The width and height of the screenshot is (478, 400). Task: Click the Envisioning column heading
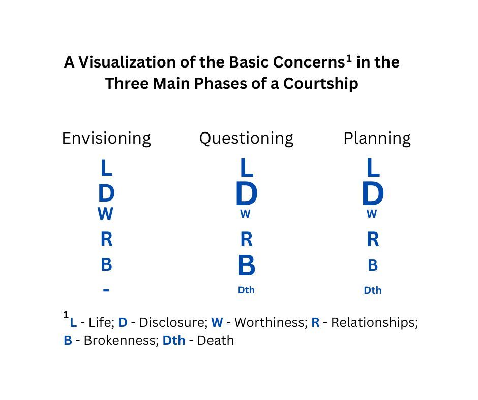(x=106, y=138)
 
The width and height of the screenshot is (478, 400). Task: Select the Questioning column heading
(x=246, y=138)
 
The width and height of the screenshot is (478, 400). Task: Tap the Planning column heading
(x=377, y=138)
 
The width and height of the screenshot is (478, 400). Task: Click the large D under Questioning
(x=247, y=194)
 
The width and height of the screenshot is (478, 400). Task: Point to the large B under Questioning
(x=247, y=265)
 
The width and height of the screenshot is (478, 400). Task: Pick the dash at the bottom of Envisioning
(x=106, y=290)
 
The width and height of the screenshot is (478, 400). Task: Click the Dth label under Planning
(x=373, y=291)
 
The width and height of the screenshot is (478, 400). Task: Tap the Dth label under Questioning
(x=246, y=290)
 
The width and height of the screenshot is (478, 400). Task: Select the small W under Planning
(x=372, y=214)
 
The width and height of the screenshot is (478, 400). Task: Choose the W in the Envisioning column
(x=105, y=214)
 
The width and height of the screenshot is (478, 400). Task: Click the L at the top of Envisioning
(x=106, y=168)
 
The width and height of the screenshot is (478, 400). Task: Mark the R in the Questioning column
(x=246, y=239)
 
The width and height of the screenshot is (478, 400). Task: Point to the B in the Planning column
(x=373, y=265)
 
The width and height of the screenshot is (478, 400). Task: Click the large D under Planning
(x=373, y=194)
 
